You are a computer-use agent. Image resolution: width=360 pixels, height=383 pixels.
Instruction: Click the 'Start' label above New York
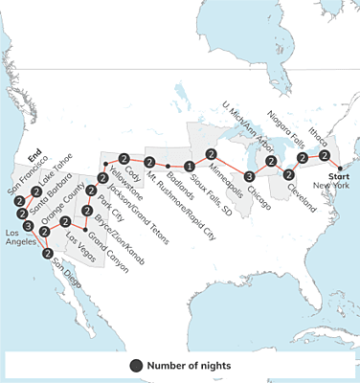(339, 176)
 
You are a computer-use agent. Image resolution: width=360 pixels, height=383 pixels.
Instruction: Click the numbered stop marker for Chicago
(248, 176)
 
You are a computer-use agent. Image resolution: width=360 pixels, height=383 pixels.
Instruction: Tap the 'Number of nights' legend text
(189, 365)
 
